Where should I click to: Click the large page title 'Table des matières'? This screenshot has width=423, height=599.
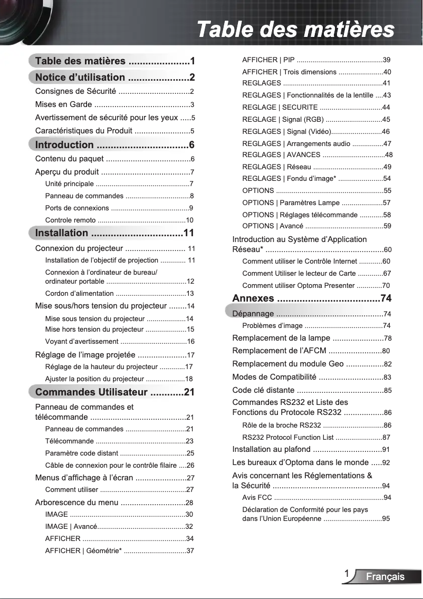295,29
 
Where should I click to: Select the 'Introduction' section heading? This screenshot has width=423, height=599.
64,145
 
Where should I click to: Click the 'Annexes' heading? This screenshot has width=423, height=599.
253,298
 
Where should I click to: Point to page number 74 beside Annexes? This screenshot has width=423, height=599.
386,298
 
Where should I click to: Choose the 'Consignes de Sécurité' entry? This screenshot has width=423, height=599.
75,91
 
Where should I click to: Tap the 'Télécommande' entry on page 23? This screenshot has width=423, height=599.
70,441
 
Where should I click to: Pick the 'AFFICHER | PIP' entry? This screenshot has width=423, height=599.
268,60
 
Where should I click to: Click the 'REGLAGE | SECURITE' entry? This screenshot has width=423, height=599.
280,107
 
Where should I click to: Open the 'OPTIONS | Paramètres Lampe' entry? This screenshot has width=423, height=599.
291,203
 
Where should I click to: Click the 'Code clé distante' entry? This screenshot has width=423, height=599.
263,390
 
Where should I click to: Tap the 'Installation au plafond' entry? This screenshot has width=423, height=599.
272,449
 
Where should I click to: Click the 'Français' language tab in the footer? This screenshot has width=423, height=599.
386,576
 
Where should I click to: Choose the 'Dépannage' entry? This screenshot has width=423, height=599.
253,314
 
